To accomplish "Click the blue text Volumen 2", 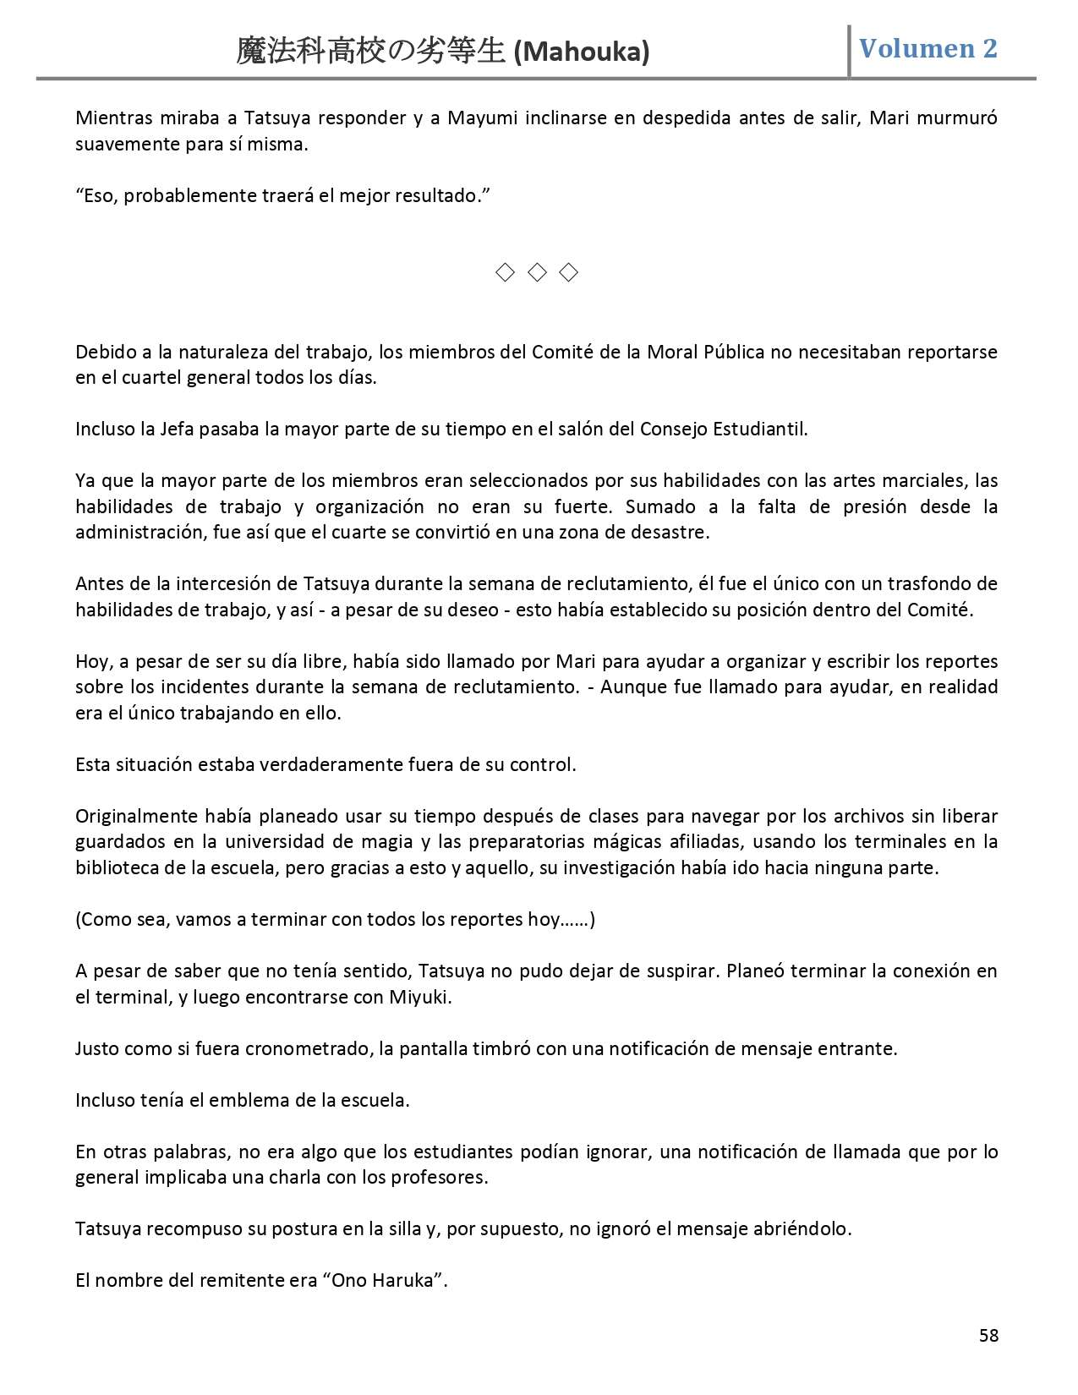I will (x=928, y=49).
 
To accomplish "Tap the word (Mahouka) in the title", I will (x=582, y=52).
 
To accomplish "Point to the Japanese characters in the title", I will (x=371, y=52).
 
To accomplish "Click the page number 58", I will (x=988, y=1335).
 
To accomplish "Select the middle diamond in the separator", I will (x=537, y=272).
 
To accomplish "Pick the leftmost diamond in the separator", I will (x=505, y=272).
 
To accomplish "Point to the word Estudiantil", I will (x=760, y=429).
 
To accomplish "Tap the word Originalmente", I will (x=137, y=817).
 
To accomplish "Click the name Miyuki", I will (x=419, y=997).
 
